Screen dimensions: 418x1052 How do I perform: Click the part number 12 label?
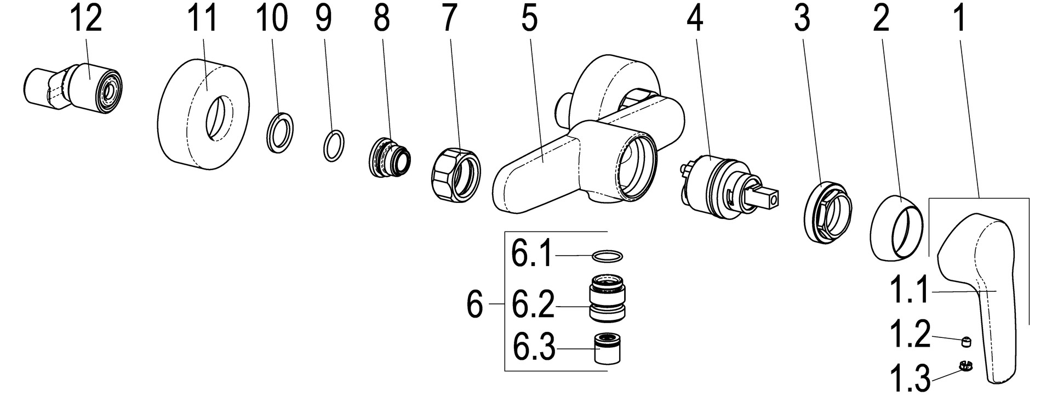pyautogui.click(x=86, y=20)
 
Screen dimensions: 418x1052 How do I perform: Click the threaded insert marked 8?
pyautogui.click(x=389, y=158)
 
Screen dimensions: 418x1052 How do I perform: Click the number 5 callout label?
pyautogui.click(x=528, y=20)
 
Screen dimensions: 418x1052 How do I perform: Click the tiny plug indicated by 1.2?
pyautogui.click(x=967, y=343)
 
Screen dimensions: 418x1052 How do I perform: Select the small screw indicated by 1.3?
pyautogui.click(x=965, y=365)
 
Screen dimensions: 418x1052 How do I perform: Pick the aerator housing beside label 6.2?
pyautogui.click(x=608, y=300)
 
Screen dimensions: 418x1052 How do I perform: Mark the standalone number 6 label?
pyautogui.click(x=474, y=304)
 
